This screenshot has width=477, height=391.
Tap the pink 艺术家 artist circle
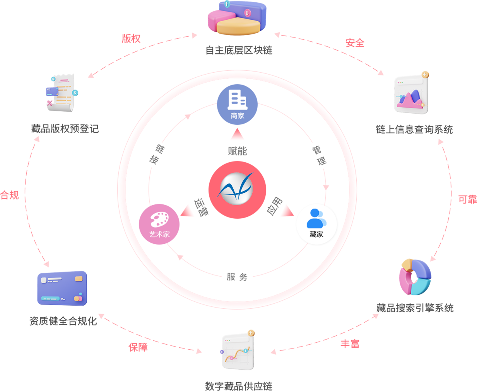point(159,224)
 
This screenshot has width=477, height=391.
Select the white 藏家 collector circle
point(316,224)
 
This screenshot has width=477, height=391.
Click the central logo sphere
point(237,190)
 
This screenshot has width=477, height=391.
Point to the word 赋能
point(237,151)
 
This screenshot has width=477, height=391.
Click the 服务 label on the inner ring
point(237,277)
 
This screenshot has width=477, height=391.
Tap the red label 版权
point(131,39)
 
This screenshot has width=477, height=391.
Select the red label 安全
point(355,43)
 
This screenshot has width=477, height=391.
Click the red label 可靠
point(467,199)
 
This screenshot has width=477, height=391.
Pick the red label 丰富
point(350,343)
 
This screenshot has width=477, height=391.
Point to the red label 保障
point(138,347)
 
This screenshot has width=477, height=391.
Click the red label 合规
point(10,195)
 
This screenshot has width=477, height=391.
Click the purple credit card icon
point(62,288)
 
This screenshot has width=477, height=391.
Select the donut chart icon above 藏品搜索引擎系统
point(415,277)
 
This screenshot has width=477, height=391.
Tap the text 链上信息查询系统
point(414,129)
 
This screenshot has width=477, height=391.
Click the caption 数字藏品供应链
point(238,386)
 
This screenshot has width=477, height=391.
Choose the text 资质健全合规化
point(63,321)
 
